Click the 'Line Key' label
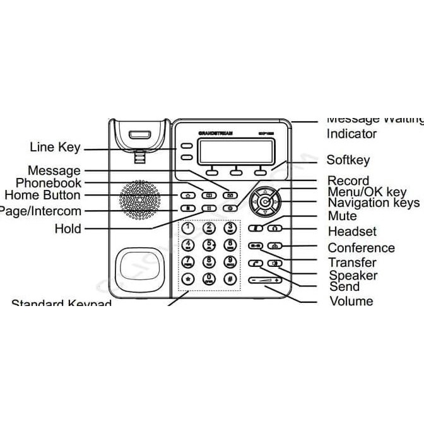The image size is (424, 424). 55,148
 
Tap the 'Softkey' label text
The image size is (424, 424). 348,160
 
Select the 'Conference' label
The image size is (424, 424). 361,248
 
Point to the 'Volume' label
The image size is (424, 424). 351,301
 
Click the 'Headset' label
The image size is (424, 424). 352,232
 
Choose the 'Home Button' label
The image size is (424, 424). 42,196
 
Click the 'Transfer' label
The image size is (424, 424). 352,262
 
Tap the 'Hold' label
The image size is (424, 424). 68,228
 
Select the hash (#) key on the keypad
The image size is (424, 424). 230,278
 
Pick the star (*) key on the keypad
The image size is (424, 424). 187,278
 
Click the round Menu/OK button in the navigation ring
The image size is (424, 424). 266,203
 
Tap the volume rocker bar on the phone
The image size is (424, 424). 265,280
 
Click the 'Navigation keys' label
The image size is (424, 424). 373,203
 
